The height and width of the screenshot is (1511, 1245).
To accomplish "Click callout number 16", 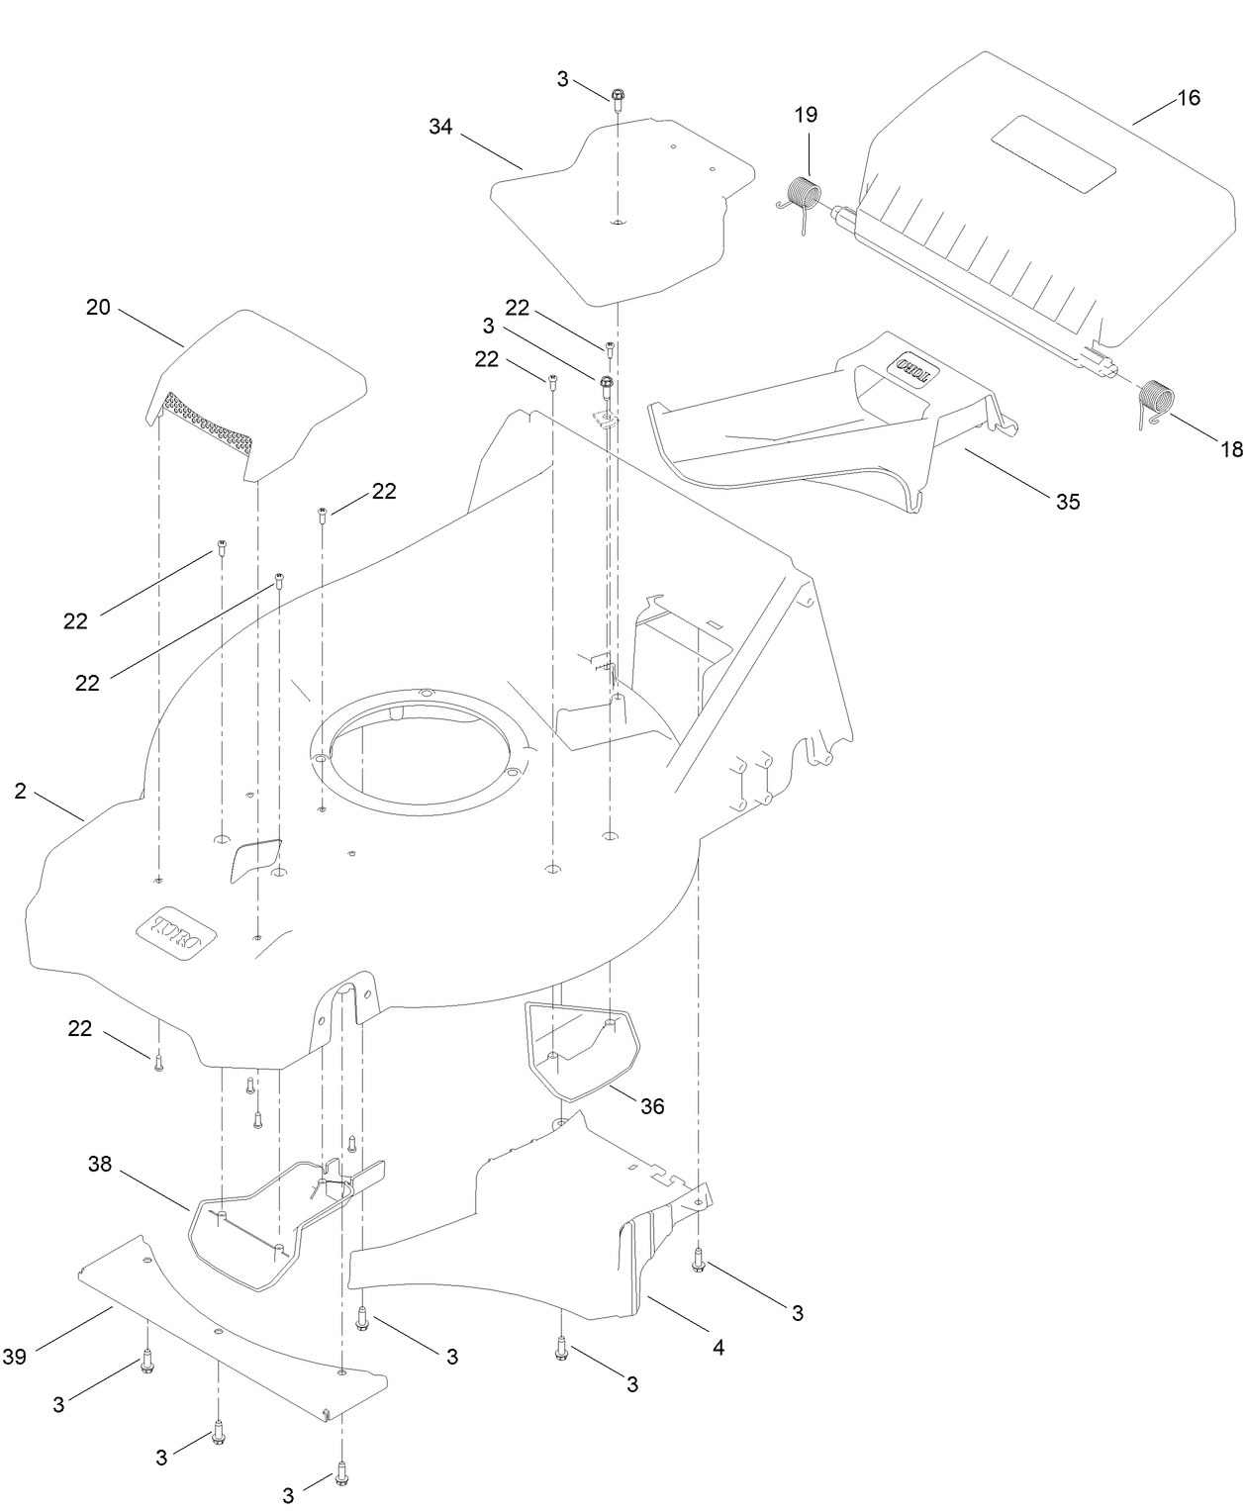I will pos(1188,98).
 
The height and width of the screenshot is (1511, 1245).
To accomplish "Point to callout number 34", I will pos(440,127).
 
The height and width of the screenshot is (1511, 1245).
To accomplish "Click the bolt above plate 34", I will pos(618,97).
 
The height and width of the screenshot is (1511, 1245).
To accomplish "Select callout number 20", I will pos(98,307).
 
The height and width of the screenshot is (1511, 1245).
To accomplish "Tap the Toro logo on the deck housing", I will pos(175,935).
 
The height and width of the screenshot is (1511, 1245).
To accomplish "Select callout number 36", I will pos(651,1105).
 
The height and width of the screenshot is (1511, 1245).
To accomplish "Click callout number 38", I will pos(100,1165).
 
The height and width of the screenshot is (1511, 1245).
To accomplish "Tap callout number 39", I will pos(14,1357).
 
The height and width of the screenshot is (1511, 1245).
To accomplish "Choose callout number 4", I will pos(718,1347).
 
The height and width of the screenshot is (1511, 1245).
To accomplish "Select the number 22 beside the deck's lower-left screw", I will pos(79,1029).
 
